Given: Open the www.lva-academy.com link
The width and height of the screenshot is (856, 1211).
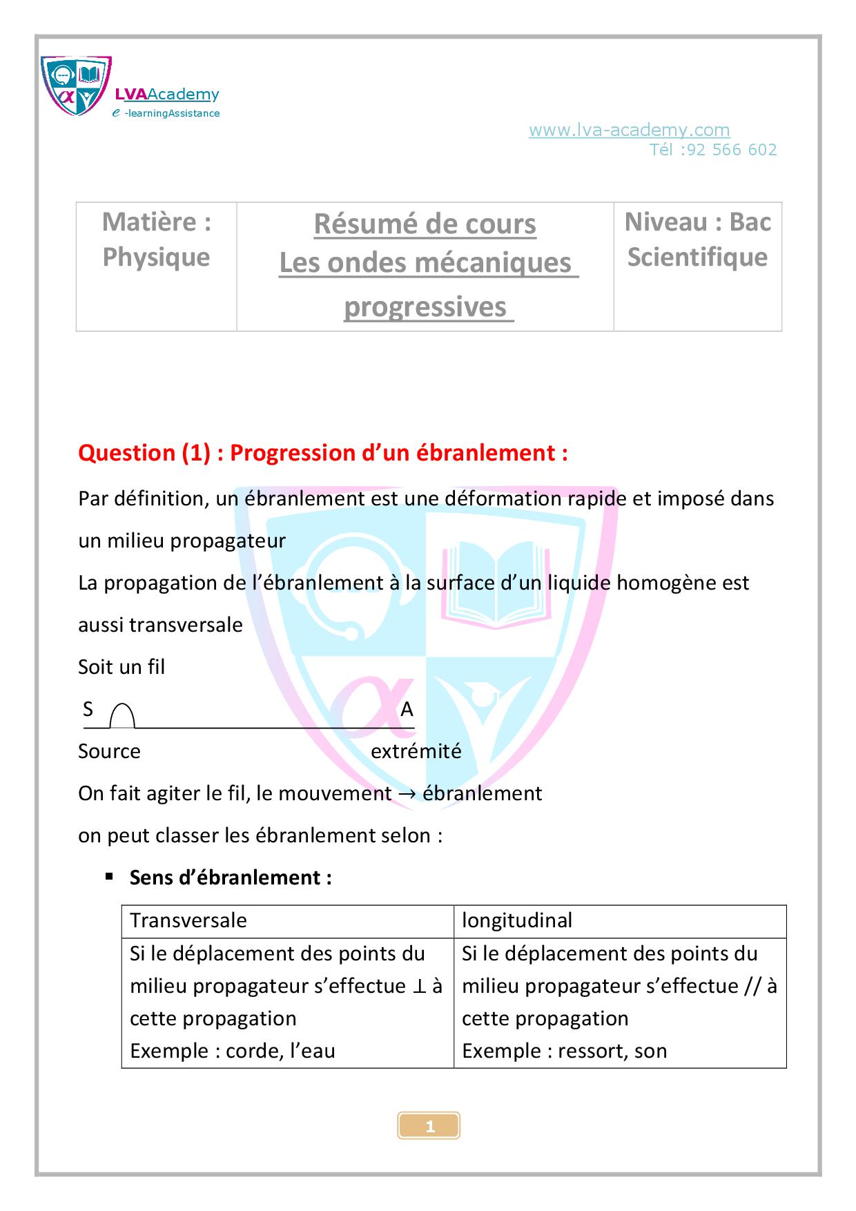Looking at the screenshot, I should (629, 130).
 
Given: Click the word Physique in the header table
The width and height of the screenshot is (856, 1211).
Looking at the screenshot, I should (156, 258).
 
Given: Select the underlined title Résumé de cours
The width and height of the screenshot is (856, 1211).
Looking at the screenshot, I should (425, 224).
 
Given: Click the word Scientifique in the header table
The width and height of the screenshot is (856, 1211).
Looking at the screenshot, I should (697, 258).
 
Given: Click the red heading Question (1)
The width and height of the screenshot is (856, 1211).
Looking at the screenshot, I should (144, 453).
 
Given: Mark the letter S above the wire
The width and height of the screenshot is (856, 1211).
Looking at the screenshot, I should (88, 709).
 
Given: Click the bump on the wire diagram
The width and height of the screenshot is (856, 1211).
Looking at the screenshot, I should (122, 716).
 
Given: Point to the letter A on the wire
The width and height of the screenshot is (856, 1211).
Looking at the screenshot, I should (407, 710).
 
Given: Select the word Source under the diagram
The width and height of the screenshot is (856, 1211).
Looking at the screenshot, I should (109, 751).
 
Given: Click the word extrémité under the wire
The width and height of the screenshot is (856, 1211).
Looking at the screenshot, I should (416, 751).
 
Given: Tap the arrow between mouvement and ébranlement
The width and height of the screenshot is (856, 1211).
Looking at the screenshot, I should (407, 794).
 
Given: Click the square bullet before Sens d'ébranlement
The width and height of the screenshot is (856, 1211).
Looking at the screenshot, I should (109, 877).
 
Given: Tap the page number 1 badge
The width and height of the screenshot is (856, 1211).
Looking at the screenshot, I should (429, 1127).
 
